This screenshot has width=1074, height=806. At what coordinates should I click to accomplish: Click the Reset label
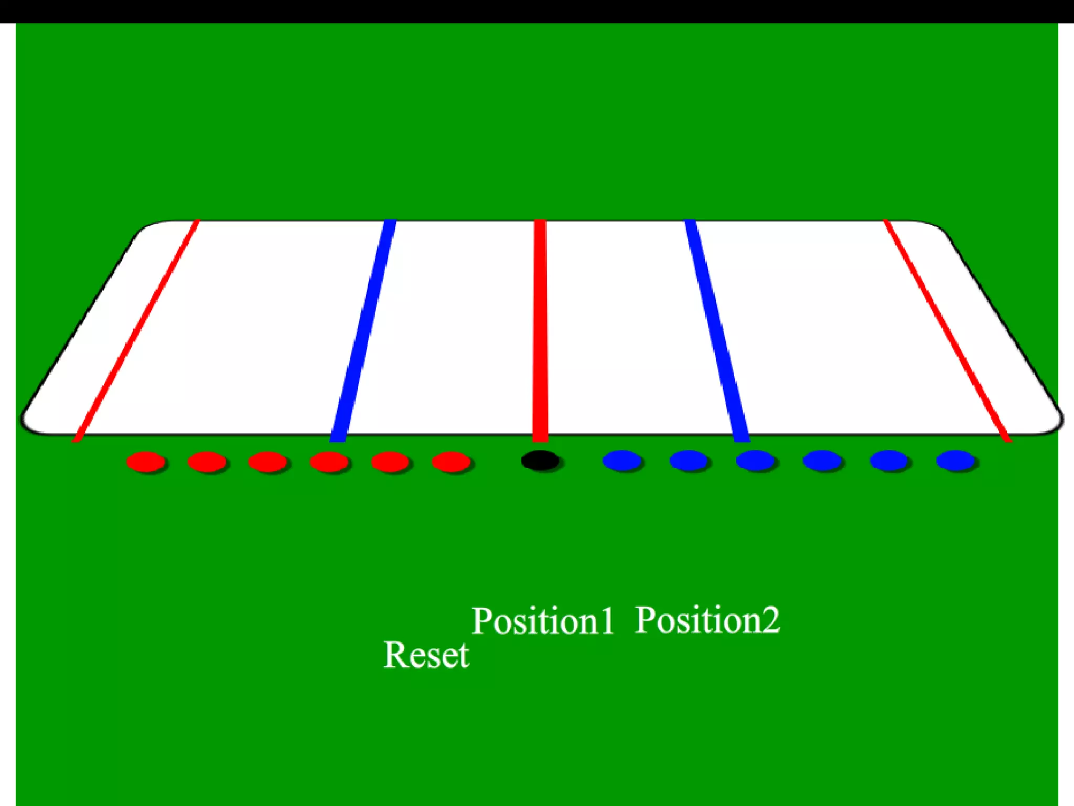(x=426, y=655)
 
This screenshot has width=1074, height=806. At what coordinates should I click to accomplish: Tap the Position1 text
(x=543, y=621)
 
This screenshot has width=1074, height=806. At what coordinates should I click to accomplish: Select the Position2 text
(x=707, y=620)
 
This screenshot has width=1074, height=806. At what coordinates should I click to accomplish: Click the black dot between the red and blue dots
(x=540, y=461)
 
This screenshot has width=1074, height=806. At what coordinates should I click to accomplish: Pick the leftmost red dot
(x=145, y=462)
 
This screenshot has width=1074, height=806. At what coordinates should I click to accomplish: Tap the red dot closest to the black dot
(x=450, y=462)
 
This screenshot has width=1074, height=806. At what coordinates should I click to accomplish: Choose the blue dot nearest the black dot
(x=621, y=461)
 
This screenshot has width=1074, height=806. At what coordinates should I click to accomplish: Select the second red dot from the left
(x=207, y=462)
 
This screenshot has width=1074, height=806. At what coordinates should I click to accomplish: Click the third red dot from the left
(x=267, y=462)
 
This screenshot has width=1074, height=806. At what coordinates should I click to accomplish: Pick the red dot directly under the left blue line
(x=329, y=462)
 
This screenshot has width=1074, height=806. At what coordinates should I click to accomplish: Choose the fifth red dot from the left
(x=390, y=462)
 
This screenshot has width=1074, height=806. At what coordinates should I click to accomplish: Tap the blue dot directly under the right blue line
(x=755, y=461)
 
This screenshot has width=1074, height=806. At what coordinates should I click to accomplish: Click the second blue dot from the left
(x=689, y=461)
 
